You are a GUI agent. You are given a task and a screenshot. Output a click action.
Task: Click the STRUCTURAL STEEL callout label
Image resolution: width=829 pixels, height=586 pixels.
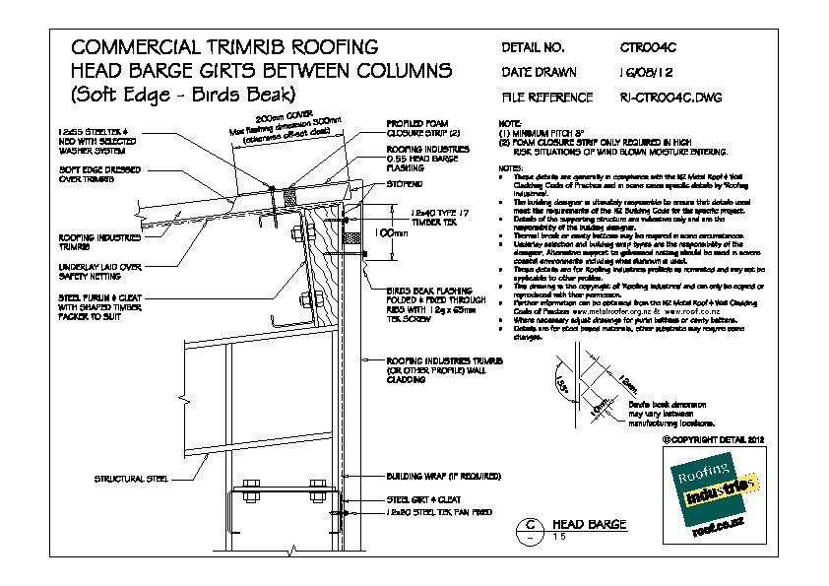pos(128,480)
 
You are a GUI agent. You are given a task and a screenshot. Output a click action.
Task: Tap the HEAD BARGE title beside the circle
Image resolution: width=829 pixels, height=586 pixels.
pos(589,524)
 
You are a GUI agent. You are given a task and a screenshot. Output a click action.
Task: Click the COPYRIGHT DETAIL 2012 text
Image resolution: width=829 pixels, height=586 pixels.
pos(713,439)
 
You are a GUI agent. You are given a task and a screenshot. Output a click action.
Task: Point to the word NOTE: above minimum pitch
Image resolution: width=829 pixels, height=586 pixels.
pos(510,124)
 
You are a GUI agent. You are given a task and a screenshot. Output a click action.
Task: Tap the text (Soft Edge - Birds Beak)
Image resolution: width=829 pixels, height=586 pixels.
pos(178,96)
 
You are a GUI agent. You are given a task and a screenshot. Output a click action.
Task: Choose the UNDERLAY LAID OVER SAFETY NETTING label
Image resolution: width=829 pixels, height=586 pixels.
pos(101,271)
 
